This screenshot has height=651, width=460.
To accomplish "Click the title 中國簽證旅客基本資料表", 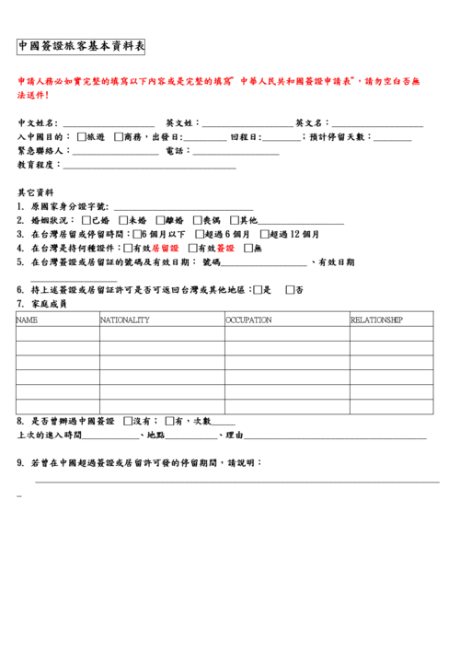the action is tap(82, 47).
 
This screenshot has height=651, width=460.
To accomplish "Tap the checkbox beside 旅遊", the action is tap(82, 137).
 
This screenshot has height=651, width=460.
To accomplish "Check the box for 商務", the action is tap(119, 137).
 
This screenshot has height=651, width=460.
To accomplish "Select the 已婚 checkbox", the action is tap(86, 221).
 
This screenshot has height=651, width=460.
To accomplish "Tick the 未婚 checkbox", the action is tap(123, 221).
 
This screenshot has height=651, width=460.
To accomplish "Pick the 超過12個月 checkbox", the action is tap(264, 235).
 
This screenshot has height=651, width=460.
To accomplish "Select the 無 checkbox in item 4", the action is tap(248, 249).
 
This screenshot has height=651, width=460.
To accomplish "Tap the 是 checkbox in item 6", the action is tap(259, 290).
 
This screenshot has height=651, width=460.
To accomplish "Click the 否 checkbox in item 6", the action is tap(291, 290).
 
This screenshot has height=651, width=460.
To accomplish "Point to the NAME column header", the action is tap(28, 320).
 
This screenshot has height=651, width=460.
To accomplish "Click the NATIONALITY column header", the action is tap(125, 320).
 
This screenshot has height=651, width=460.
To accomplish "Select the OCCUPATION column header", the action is tap(248, 320).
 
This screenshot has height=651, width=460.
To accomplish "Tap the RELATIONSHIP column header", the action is tap(377, 320).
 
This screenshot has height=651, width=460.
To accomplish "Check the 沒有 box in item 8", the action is tap(127, 421).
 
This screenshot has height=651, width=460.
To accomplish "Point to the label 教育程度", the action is tap(38, 165).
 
